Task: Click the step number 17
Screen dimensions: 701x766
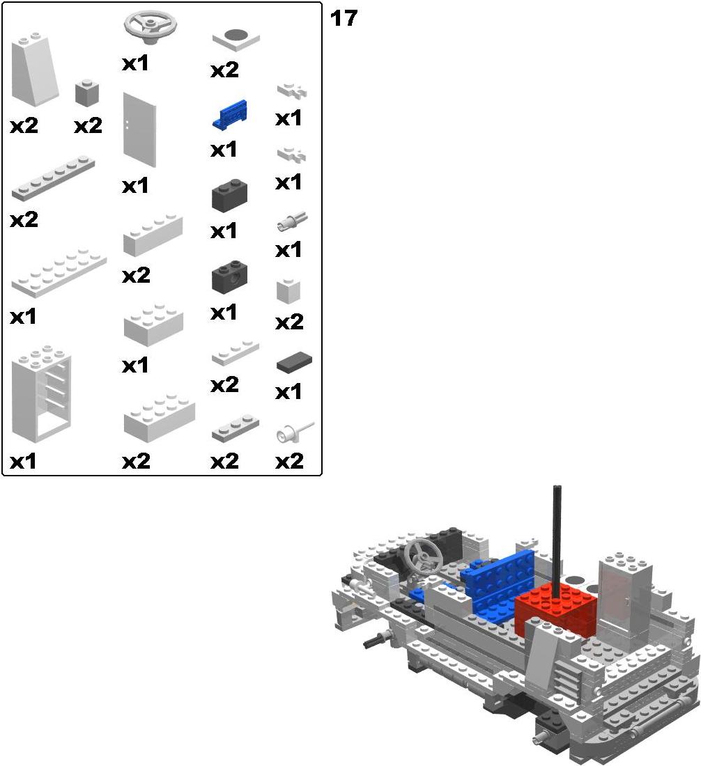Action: [x=344, y=19]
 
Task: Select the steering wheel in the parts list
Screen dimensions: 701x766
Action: [x=150, y=27]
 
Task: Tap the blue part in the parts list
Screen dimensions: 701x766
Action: [x=230, y=114]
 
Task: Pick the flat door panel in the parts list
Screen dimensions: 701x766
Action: [x=139, y=130]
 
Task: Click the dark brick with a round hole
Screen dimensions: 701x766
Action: [x=229, y=276]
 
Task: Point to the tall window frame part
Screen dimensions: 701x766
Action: [x=42, y=393]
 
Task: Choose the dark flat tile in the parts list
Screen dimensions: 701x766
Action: [x=294, y=363]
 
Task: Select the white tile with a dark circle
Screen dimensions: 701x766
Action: [x=236, y=39]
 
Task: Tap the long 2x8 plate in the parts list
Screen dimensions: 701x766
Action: [x=59, y=273]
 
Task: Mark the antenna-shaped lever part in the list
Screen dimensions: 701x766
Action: [x=295, y=432]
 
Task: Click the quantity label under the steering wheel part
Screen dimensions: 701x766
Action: [x=135, y=63]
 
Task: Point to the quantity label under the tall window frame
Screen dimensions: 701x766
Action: [x=23, y=461]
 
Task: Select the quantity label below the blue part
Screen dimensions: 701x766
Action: [x=224, y=150]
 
